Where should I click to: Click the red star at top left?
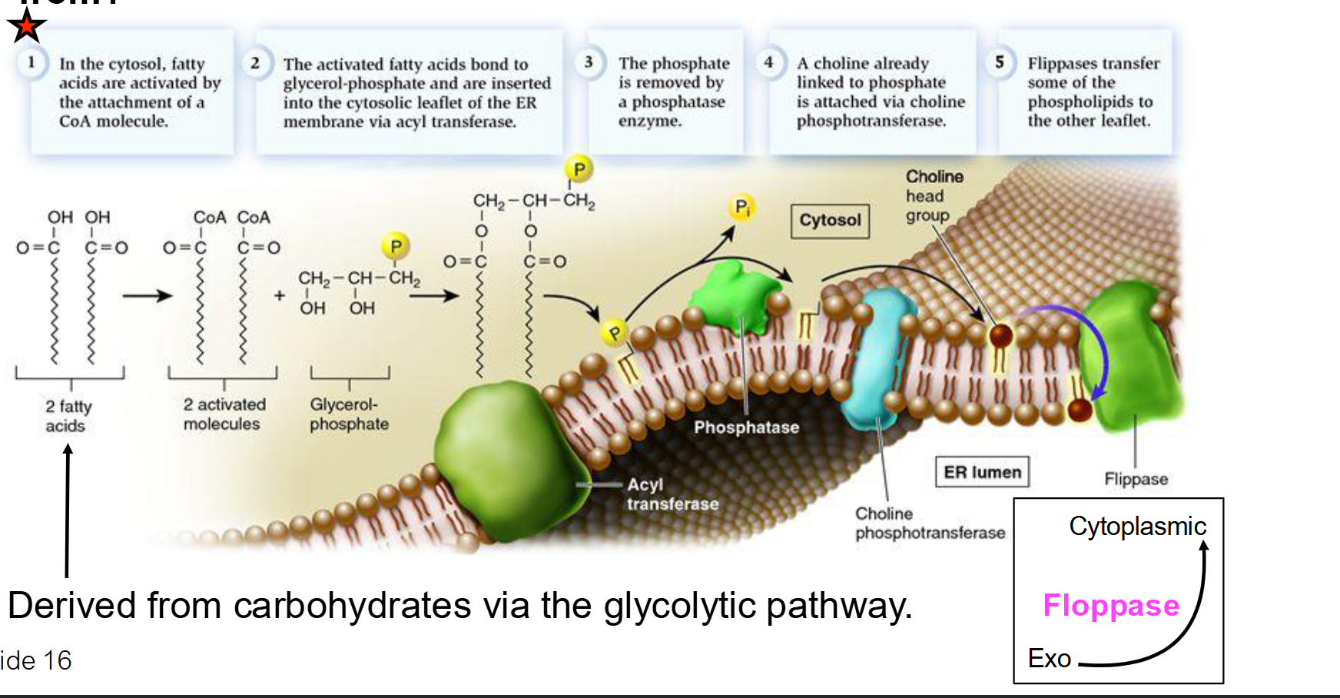26,26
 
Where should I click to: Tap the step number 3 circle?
589,62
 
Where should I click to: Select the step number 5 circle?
999,62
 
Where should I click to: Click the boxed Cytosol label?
830,221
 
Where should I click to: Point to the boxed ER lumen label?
982,472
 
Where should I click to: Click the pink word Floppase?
1110,606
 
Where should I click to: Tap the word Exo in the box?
1049,659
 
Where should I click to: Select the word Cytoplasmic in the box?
1137,527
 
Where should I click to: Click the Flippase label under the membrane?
1136,479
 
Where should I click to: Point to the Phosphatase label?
746,427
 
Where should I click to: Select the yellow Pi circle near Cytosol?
741,208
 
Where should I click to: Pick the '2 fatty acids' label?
68,416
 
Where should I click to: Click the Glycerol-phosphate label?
349,414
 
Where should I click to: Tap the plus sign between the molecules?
280,295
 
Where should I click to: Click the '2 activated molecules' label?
224,414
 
